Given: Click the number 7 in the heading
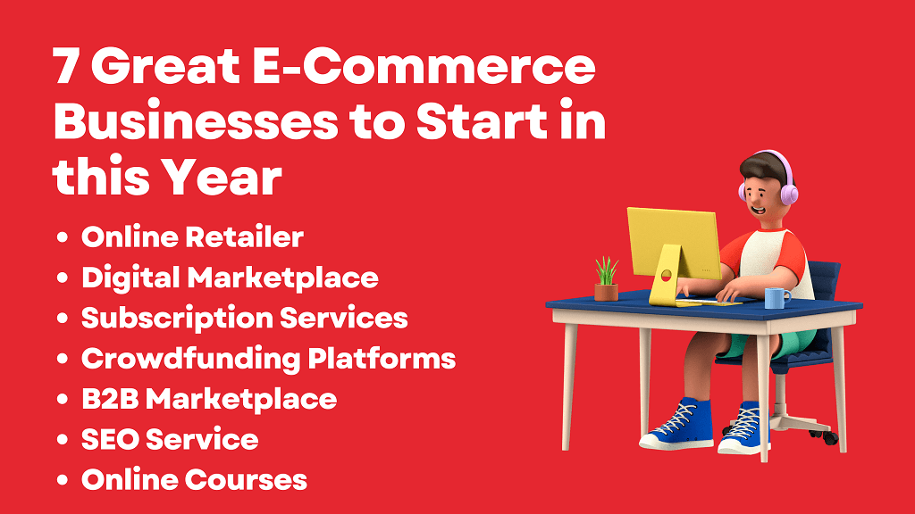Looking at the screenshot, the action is (65, 66).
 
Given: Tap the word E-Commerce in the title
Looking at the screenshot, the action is (424, 66).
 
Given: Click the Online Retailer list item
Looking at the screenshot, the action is (193, 236).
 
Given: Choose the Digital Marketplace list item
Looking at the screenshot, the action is (230, 278).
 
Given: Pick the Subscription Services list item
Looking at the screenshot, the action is (245, 319).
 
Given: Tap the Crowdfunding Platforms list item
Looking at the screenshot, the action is (268, 359).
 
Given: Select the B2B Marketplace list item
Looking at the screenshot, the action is (209, 400).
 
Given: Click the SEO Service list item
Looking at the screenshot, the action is (170, 439).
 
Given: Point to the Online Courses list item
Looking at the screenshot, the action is (194, 479).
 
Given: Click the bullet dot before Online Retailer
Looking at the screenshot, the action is (63, 237).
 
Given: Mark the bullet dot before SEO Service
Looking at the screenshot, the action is (63, 440).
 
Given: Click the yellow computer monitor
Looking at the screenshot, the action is (674, 245).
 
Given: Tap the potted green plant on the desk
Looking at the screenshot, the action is (607, 278).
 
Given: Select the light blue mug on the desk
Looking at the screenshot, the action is (776, 298).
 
